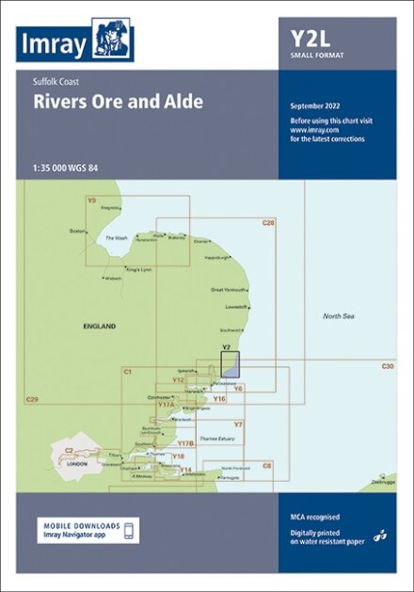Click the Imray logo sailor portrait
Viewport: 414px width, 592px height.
tap(113, 40)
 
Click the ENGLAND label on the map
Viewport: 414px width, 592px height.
tap(98, 326)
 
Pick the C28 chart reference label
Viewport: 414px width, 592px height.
tap(268, 222)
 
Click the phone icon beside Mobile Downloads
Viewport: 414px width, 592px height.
tap(131, 531)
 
